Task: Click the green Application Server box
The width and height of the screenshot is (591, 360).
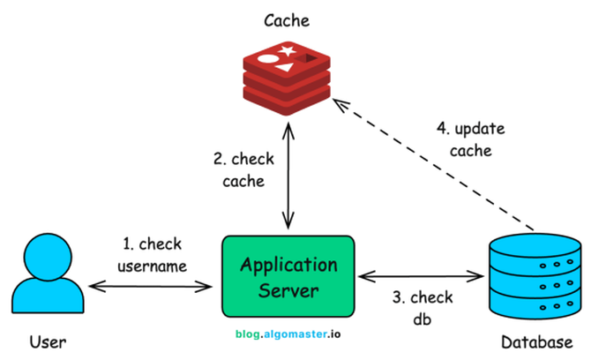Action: coord(288,277)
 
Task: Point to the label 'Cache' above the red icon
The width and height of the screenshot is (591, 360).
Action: coord(287,19)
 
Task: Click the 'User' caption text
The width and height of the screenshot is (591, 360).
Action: coord(48,341)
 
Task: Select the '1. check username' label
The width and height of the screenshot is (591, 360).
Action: coord(153,252)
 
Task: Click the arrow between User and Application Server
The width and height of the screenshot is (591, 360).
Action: coord(150,285)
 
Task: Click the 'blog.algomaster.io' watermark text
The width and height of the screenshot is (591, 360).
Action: coord(288,334)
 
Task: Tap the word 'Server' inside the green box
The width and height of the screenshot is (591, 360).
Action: coord(288,289)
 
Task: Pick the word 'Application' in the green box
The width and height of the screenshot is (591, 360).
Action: coord(288,265)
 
